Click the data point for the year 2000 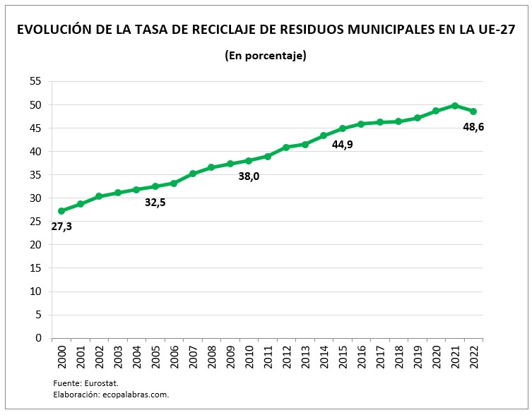[61, 211]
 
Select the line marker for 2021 [454, 106]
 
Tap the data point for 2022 [473, 112]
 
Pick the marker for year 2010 [249, 161]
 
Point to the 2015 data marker [343, 128]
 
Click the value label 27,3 [61, 227]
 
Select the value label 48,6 [473, 128]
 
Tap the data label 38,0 [249, 176]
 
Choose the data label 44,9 [344, 145]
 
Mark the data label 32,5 [155, 203]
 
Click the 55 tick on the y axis [35, 82]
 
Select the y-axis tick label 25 [35, 222]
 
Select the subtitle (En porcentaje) [265, 56]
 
